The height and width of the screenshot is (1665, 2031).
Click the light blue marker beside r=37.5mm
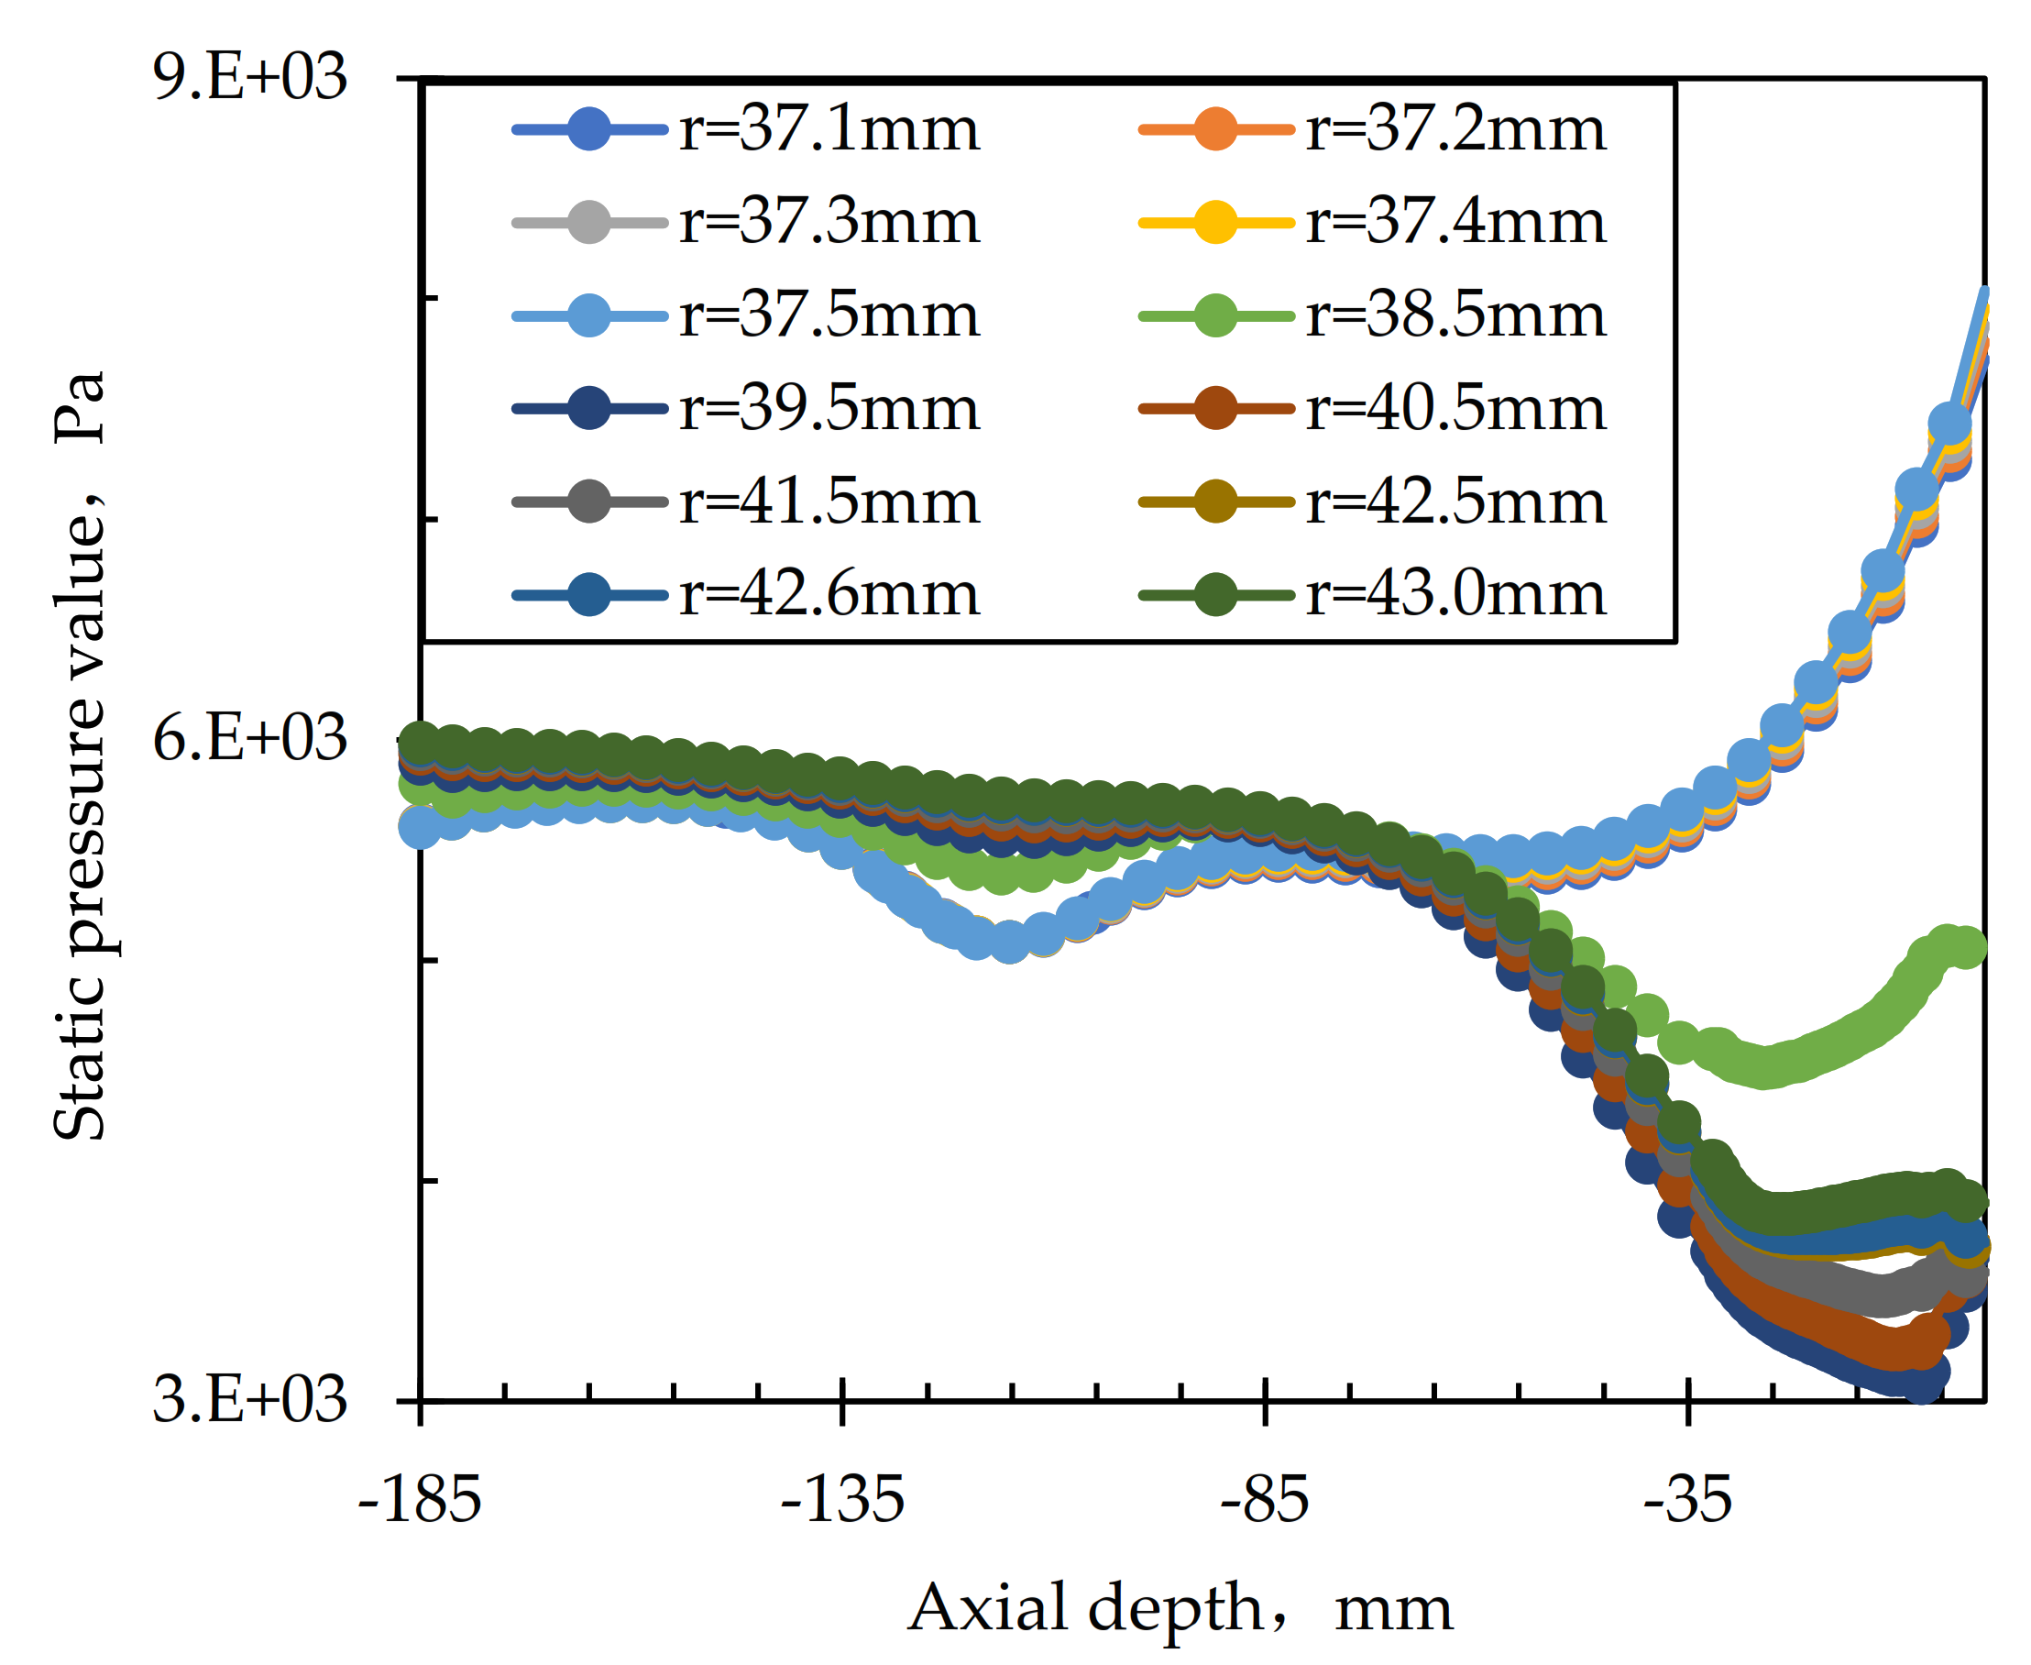[588, 315]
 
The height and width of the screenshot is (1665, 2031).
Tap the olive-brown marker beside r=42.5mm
[1216, 502]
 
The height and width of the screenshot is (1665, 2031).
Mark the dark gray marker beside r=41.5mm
[588, 502]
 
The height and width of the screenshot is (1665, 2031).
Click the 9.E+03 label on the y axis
[249, 77]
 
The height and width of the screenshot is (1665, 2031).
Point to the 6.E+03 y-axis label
[249, 738]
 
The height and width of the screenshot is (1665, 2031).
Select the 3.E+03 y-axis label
[249, 1399]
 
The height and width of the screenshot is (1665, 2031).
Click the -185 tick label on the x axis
[419, 1500]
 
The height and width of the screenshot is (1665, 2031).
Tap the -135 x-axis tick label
[842, 1500]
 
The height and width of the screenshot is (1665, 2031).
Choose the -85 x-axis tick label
[1265, 1500]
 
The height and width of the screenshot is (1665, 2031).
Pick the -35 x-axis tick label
[1687, 1500]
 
